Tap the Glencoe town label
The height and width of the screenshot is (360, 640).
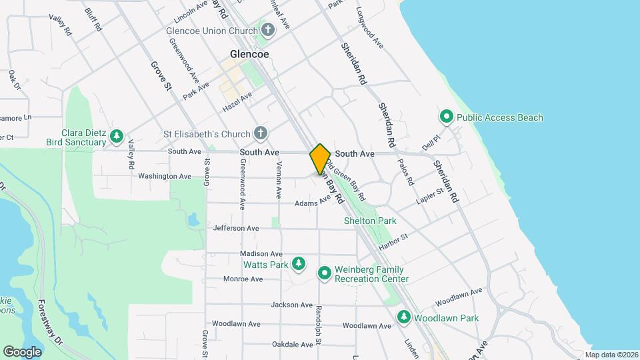coord(249,55)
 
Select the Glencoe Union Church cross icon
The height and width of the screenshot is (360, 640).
coord(268,30)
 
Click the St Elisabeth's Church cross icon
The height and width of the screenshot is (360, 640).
coord(261,133)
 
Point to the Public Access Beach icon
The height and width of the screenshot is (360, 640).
coord(447,117)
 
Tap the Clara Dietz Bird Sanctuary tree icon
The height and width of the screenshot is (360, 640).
coord(117,137)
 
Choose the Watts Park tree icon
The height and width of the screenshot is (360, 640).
coord(299,265)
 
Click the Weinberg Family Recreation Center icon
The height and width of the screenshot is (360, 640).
coord(325,273)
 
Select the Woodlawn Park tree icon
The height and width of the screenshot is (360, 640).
coord(403,318)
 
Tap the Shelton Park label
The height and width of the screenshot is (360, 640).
coord(370,221)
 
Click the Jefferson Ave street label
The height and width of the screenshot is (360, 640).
coord(236,228)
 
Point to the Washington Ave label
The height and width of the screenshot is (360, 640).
coord(165,177)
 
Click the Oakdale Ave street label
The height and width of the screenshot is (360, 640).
coord(292,345)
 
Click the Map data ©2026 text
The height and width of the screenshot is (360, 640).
coord(611,355)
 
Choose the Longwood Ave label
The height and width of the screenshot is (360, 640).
coord(371,27)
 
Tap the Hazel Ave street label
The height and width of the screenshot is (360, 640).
coord(237,102)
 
